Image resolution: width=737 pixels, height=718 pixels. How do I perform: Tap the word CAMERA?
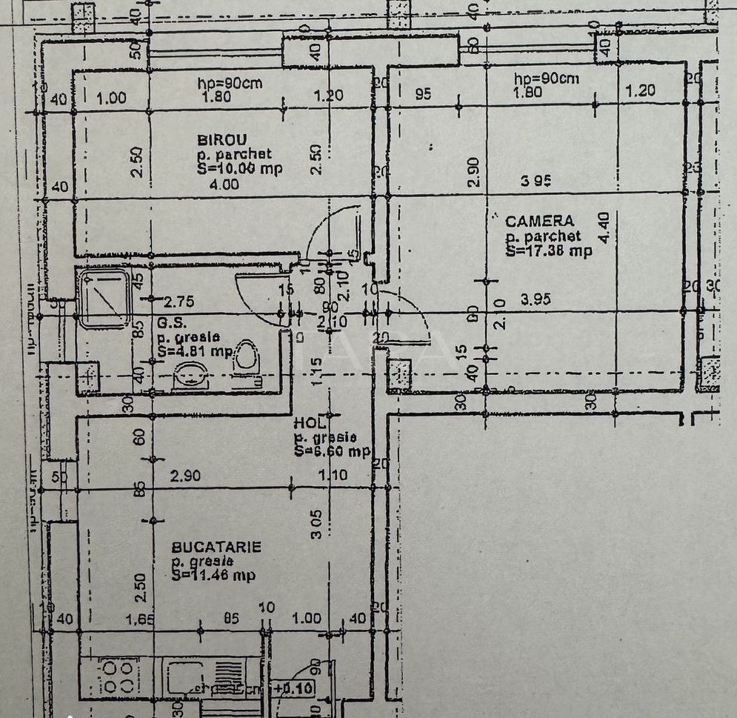(539, 221)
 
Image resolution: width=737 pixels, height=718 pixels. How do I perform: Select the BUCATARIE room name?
(216, 547)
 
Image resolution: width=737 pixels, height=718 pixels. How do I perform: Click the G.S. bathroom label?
(168, 323)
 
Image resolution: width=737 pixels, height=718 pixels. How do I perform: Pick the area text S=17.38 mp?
(549, 251)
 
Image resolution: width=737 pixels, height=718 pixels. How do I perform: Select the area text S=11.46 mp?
(214, 575)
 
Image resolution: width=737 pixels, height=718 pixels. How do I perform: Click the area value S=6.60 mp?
(330, 451)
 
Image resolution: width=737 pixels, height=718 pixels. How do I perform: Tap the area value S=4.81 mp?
(195, 351)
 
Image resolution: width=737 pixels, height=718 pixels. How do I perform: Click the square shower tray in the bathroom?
(104, 298)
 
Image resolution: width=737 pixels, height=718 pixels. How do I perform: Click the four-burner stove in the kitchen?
(118, 675)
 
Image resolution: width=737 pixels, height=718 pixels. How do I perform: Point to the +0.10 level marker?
(293, 688)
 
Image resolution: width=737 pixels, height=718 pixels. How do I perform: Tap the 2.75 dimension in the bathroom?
(178, 302)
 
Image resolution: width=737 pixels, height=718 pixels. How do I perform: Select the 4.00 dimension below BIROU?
(224, 185)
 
